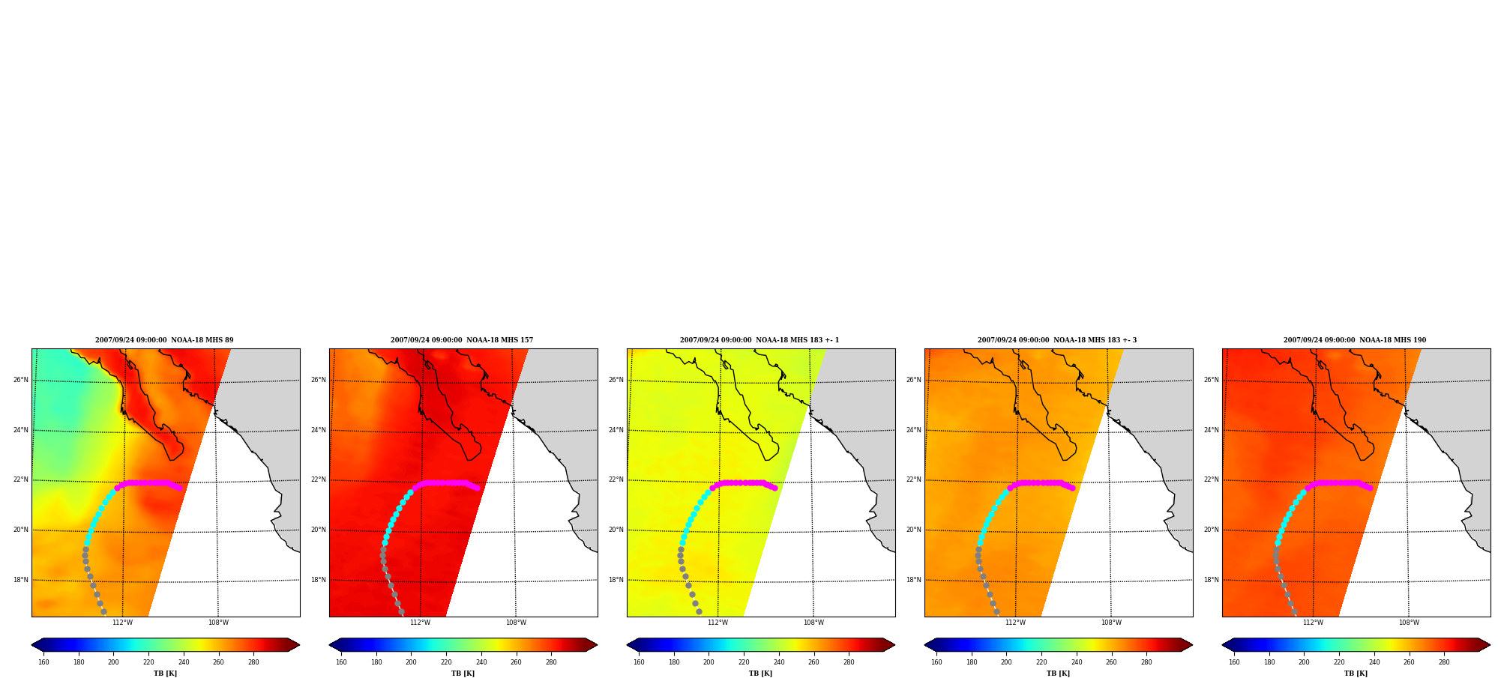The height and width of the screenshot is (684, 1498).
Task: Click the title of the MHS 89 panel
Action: pos(164,340)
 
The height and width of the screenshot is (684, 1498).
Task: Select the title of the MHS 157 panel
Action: pos(462,340)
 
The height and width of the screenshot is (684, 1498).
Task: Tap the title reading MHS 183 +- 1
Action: pos(759,340)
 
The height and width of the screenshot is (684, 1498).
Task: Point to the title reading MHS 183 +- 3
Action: pos(1057,340)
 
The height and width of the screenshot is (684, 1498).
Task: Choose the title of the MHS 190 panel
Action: pos(1355,340)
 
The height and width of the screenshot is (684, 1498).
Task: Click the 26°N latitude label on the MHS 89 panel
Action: pos(20,380)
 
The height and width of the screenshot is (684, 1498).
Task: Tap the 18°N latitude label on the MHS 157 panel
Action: pos(318,580)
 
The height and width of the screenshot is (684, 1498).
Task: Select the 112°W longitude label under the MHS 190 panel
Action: pos(1313,623)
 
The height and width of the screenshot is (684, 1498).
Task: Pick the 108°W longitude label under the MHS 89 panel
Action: pos(218,623)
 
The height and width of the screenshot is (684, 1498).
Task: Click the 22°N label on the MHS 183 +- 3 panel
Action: pos(913,479)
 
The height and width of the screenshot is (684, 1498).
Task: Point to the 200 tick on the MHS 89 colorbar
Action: pos(113,662)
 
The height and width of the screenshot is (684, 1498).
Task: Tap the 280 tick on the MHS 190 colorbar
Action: pos(1444,662)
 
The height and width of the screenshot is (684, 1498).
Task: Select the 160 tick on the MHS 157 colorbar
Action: pos(341,662)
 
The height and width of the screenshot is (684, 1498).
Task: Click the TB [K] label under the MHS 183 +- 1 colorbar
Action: pos(760,674)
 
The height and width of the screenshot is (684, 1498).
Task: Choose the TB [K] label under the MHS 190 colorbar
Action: pos(1356,674)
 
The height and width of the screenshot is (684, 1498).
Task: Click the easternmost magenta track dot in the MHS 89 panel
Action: pos(179,488)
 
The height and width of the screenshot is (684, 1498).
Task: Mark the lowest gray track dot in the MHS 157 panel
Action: pos(401,612)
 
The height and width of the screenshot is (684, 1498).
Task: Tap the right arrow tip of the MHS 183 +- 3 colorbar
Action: pos(1192,644)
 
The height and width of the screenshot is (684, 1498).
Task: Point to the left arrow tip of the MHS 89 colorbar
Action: pos(31,644)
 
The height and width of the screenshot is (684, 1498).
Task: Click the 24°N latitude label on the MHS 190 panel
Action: pos(1211,430)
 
